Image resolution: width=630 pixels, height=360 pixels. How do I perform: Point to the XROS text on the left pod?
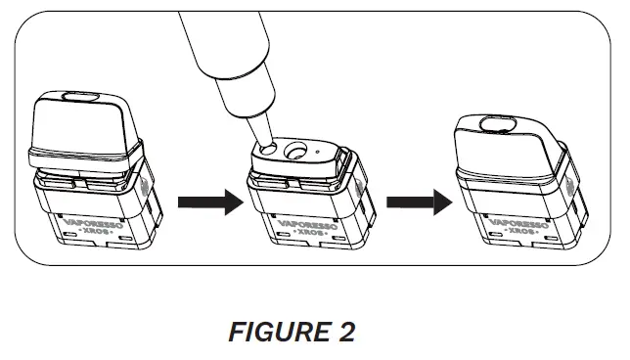point(96,238)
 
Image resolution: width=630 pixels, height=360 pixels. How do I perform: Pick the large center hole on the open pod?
point(292,152)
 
